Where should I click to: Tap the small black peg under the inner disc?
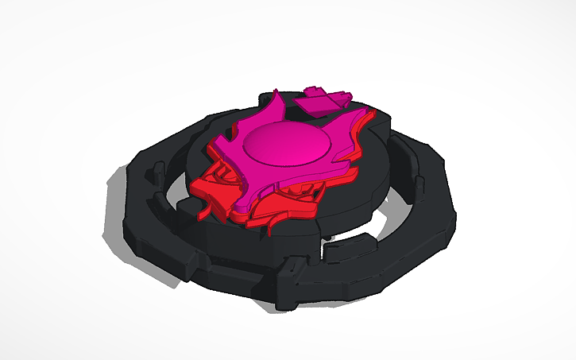[x=326, y=237]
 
